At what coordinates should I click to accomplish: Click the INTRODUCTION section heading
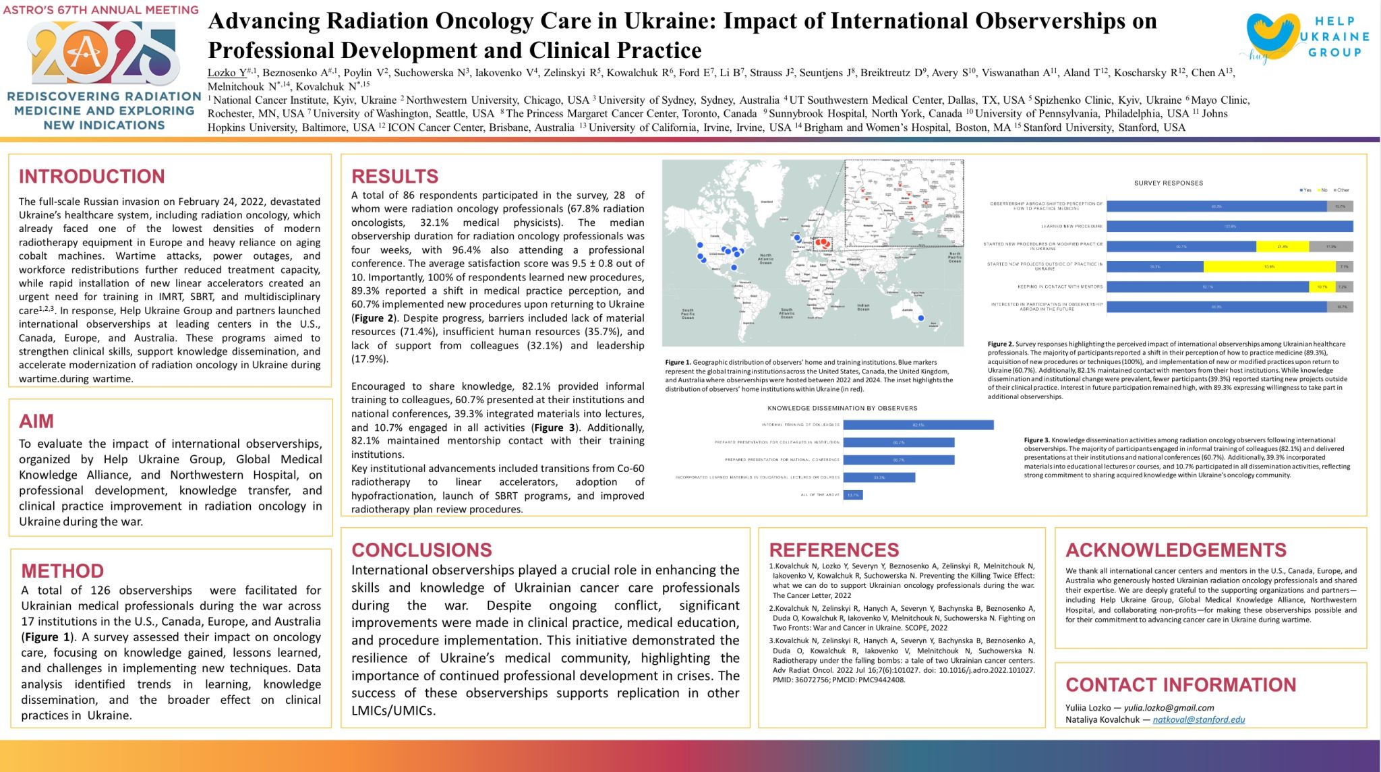coord(92,177)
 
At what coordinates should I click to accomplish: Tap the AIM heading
coord(36,421)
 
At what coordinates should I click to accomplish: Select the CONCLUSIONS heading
coord(421,550)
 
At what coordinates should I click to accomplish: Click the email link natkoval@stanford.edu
coord(1198,719)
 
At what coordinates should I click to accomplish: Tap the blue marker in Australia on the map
coord(921,318)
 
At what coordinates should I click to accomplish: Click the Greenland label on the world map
coord(767,202)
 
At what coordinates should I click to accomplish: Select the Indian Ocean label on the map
coord(863,307)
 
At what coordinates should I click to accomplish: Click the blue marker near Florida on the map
coord(734,268)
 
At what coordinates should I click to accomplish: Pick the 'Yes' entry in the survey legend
coord(1305,190)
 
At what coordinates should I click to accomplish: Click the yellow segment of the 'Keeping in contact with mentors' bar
coord(1321,287)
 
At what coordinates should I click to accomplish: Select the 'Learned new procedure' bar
coord(1229,227)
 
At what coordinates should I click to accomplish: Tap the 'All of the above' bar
coord(853,495)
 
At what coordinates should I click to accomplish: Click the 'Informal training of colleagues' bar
coord(918,425)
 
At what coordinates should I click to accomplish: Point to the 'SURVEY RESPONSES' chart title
coord(1168,183)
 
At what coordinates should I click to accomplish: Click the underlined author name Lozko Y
coord(227,73)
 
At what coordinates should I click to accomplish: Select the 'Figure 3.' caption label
coord(1036,440)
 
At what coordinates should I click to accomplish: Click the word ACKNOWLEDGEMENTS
coord(1175,550)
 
